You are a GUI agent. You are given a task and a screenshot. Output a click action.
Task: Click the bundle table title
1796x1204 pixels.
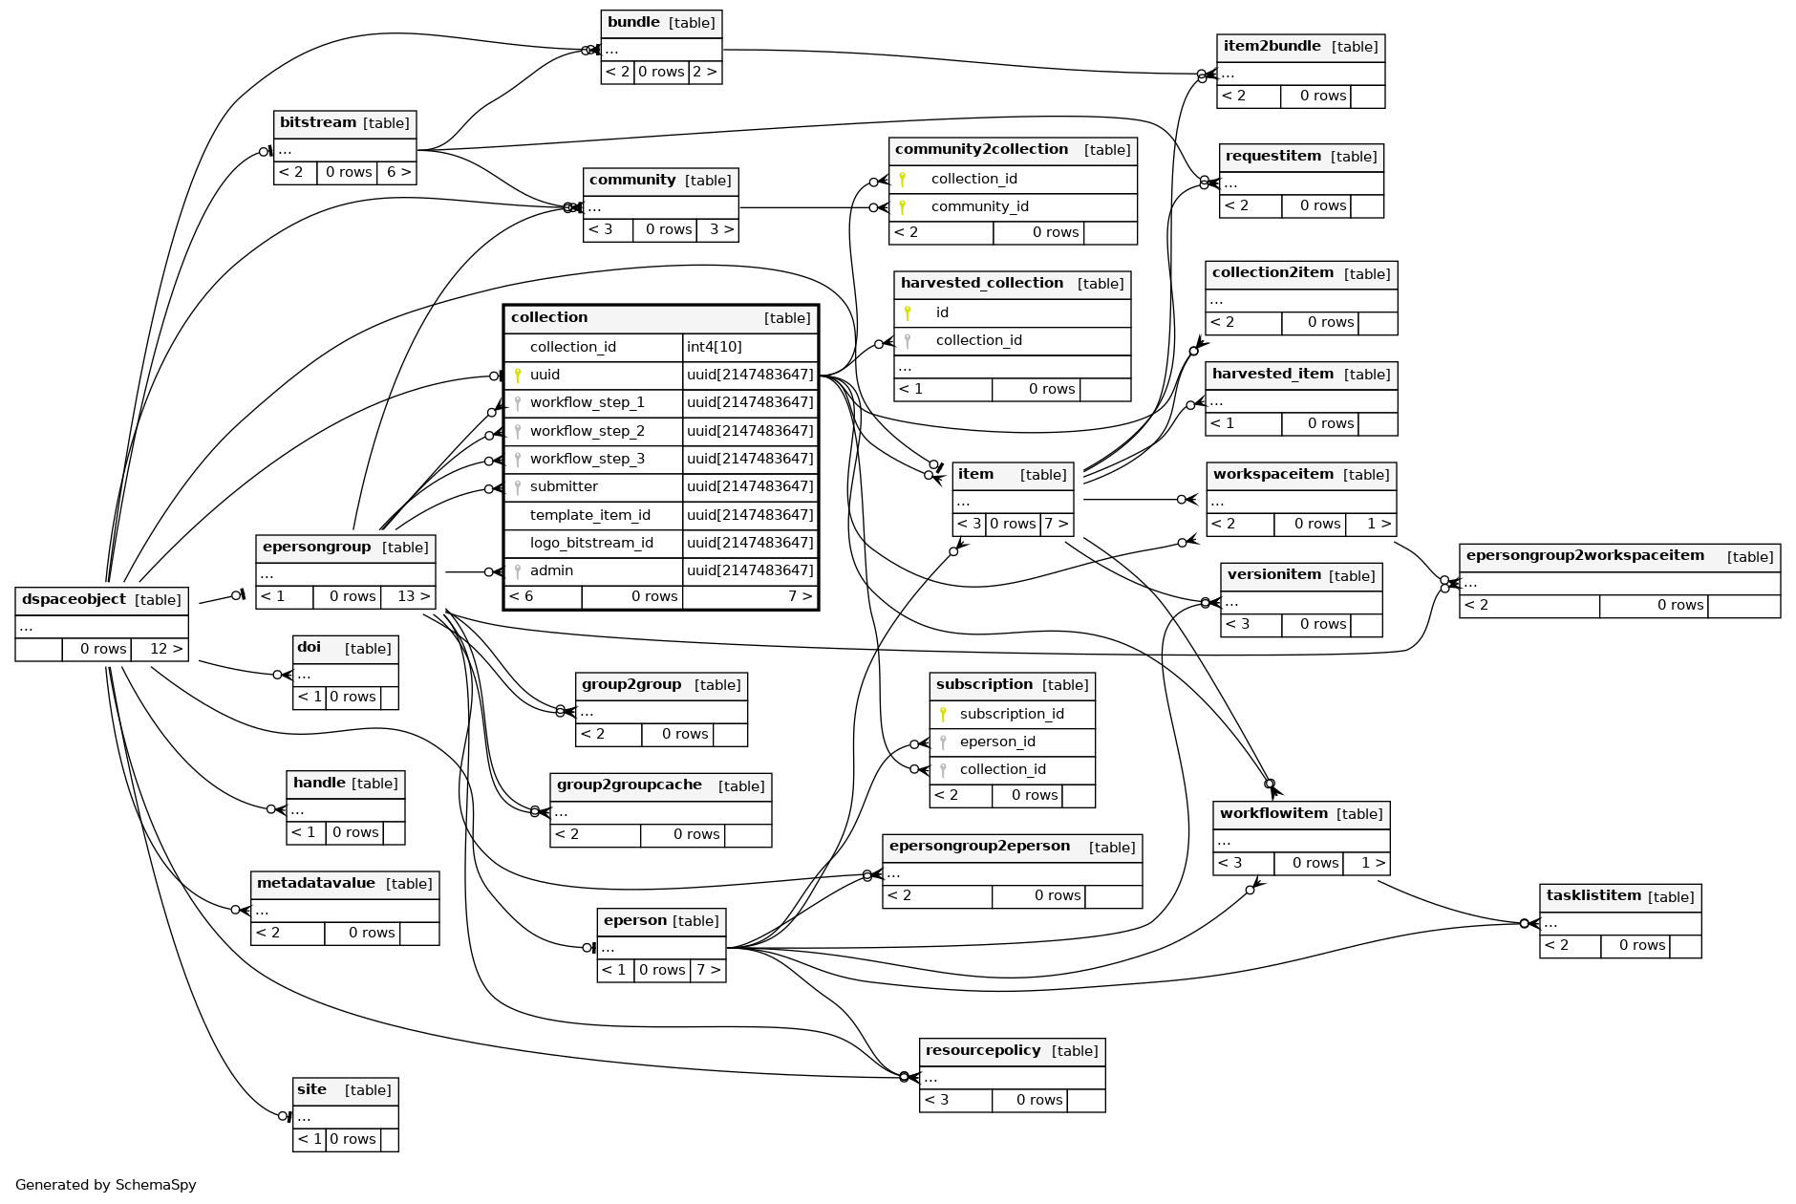pyautogui.click(x=633, y=23)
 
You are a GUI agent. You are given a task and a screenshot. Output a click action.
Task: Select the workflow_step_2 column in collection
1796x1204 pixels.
pyautogui.click(x=587, y=431)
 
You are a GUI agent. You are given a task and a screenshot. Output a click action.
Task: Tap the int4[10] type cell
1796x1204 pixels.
pyautogui.click(x=714, y=347)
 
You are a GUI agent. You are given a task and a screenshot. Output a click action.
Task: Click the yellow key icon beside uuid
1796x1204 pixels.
pyautogui.click(x=518, y=375)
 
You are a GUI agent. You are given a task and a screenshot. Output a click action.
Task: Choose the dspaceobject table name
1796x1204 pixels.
pyautogui.click(x=74, y=600)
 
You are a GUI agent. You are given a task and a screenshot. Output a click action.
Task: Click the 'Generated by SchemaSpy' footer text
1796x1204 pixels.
pyautogui.click(x=105, y=1185)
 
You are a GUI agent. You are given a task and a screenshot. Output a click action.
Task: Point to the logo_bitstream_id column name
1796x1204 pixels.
pyautogui.click(x=590, y=543)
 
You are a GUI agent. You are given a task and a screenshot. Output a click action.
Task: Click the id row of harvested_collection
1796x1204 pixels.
pyautogui.click(x=942, y=312)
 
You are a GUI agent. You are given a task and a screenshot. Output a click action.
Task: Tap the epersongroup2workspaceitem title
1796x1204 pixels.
pyautogui.click(x=1584, y=556)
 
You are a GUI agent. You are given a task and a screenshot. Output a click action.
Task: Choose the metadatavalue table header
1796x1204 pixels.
pyautogui.click(x=315, y=884)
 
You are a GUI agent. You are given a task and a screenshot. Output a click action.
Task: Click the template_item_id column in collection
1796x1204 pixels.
pyautogui.click(x=589, y=515)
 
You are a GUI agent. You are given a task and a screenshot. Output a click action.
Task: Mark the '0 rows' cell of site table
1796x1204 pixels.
pyautogui.click(x=353, y=1139)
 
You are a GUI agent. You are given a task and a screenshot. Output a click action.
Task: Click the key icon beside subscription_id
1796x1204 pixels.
pyautogui.click(x=943, y=714)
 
